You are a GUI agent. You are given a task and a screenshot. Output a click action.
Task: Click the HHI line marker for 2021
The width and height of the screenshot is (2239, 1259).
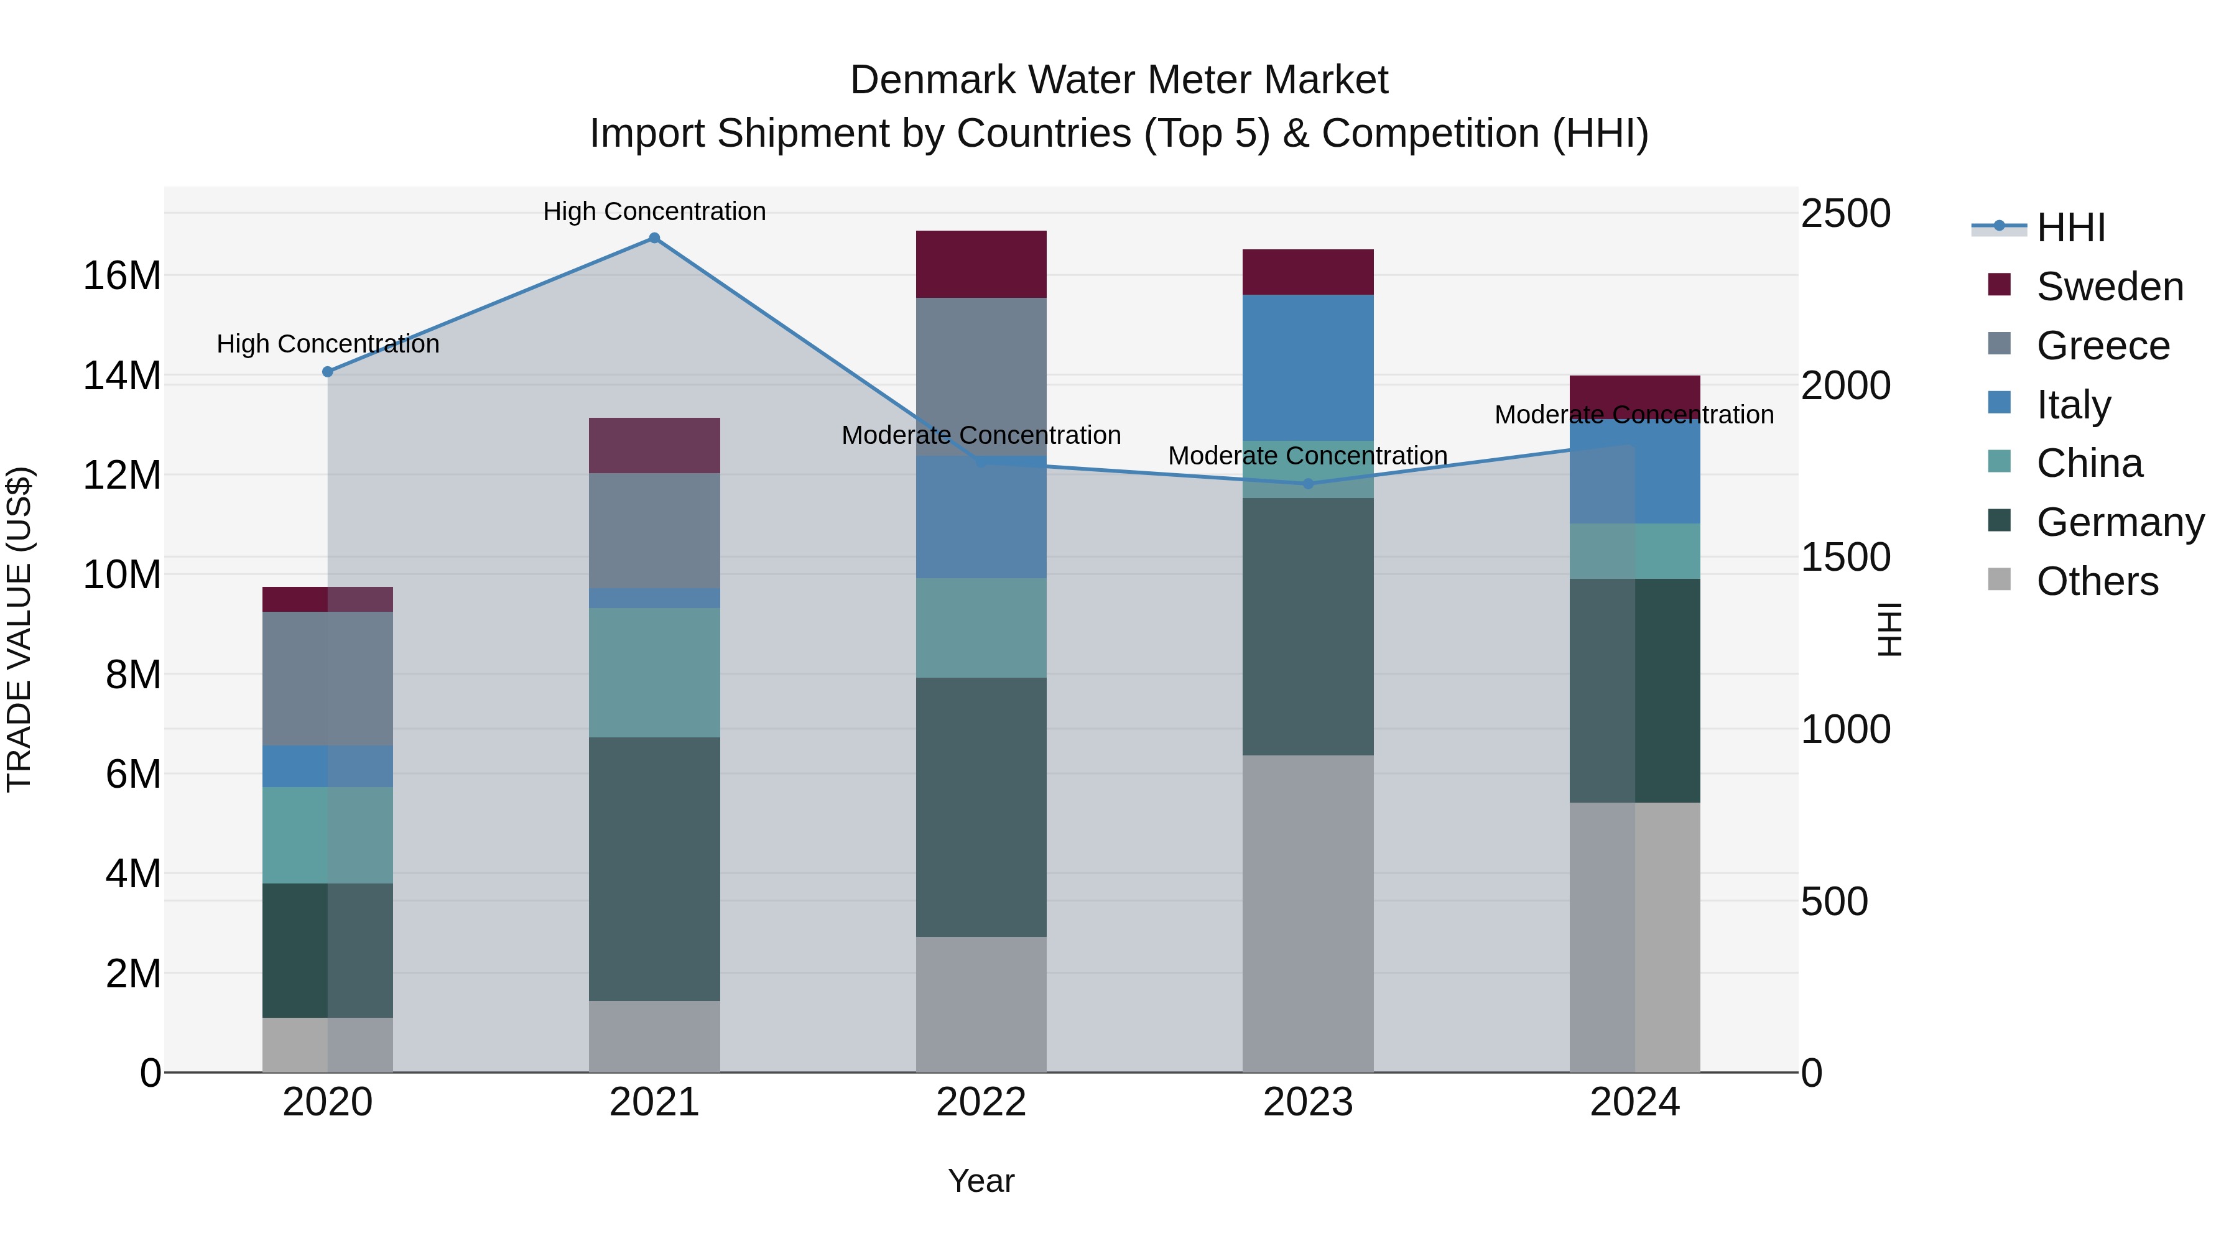[x=654, y=238]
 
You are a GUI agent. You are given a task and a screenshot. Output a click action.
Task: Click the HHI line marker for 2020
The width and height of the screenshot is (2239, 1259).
[x=328, y=372]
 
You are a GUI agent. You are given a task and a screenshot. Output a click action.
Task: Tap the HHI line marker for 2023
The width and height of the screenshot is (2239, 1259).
[x=1308, y=484]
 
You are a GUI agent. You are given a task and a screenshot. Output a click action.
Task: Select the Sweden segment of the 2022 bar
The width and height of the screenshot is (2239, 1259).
[x=981, y=264]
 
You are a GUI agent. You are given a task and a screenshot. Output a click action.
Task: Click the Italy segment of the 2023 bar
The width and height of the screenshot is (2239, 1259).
[x=1308, y=367]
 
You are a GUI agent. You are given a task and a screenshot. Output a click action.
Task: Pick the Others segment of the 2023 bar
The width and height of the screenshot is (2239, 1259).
[x=1308, y=912]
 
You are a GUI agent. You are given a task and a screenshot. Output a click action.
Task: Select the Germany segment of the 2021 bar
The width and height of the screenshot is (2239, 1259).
[x=654, y=869]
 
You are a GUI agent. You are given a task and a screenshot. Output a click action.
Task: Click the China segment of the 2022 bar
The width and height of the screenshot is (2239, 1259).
[x=981, y=627]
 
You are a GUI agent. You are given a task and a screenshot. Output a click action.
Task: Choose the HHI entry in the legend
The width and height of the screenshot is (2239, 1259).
[x=2070, y=228]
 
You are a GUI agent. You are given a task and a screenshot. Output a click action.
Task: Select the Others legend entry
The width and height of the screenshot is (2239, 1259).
[x=2097, y=581]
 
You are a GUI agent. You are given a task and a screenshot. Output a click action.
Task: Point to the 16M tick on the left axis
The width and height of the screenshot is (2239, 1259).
[x=122, y=276]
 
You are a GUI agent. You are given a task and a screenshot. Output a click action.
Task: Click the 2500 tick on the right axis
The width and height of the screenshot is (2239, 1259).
[x=1845, y=214]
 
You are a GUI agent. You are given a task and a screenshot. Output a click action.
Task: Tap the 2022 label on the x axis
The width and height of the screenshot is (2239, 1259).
[x=981, y=1102]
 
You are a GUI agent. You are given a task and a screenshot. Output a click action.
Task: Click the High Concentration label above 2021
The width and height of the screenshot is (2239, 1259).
[x=654, y=211]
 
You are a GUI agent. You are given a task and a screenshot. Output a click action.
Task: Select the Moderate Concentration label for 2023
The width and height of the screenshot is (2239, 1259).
[x=1307, y=455]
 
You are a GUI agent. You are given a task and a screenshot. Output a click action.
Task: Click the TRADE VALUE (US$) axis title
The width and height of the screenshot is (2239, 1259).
[x=19, y=629]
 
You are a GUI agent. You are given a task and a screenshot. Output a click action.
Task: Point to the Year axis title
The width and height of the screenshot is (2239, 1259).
[x=981, y=1181]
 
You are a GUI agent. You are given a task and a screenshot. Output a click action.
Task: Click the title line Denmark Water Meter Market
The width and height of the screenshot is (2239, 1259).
[x=1119, y=80]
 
